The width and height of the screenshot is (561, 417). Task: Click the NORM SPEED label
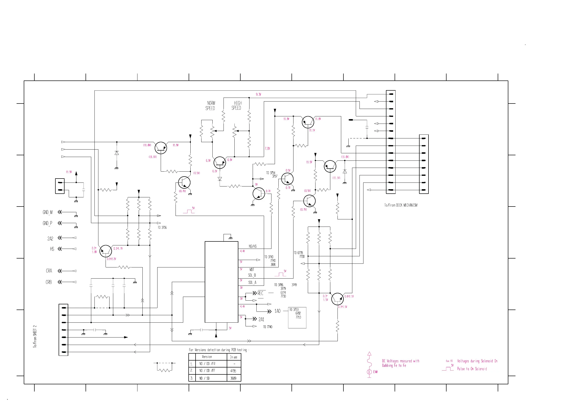pyautogui.click(x=210, y=105)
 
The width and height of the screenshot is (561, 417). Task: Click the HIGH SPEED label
pyautogui.click(x=236, y=105)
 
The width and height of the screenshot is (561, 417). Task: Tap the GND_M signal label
pyautogui.click(x=48, y=212)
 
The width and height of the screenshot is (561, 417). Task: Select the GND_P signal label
pyautogui.click(x=47, y=223)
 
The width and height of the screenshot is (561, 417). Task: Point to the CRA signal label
pyautogui.click(x=49, y=271)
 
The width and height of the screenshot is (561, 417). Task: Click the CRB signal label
pyautogui.click(x=49, y=282)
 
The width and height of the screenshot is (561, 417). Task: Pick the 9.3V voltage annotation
pyautogui.click(x=258, y=94)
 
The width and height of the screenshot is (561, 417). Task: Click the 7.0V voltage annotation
pyautogui.click(x=267, y=148)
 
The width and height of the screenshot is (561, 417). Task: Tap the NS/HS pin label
pyautogui.click(x=252, y=246)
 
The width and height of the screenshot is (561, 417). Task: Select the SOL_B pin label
pyautogui.click(x=252, y=275)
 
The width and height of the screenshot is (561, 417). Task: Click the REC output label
pyautogui.click(x=260, y=293)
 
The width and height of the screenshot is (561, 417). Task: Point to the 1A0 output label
pyautogui.click(x=277, y=311)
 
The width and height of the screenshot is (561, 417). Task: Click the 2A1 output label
pyautogui.click(x=261, y=319)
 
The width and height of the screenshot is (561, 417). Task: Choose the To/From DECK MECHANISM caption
pyautogui.click(x=401, y=205)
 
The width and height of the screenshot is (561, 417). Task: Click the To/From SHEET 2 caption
pyautogui.click(x=35, y=336)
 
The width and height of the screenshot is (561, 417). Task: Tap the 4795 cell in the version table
pyautogui.click(x=233, y=371)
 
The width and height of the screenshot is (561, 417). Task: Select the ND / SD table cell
pyautogui.click(x=204, y=378)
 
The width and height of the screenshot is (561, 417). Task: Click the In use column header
pyautogui.click(x=233, y=357)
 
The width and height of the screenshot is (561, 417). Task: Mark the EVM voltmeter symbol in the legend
pyautogui.click(x=369, y=372)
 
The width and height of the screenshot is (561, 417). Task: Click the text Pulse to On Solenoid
pyautogui.click(x=472, y=369)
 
